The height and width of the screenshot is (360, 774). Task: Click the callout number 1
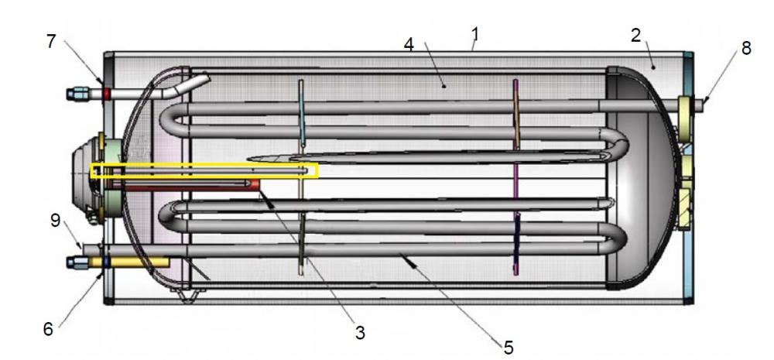click(475, 35)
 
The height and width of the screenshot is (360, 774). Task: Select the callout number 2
click(635, 35)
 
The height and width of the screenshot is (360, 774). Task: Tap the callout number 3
click(361, 333)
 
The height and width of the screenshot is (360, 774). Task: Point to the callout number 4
click(408, 44)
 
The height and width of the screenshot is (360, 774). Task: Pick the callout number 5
click(509, 348)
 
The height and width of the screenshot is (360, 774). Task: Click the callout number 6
click(48, 329)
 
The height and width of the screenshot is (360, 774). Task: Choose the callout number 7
click(51, 42)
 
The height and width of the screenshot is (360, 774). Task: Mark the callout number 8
click(745, 48)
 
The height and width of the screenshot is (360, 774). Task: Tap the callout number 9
click(55, 221)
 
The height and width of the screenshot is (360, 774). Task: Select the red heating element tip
click(255, 185)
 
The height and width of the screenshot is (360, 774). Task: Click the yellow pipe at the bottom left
click(129, 262)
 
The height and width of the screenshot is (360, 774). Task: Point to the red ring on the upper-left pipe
click(106, 94)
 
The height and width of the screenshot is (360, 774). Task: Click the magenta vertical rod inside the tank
click(515, 177)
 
